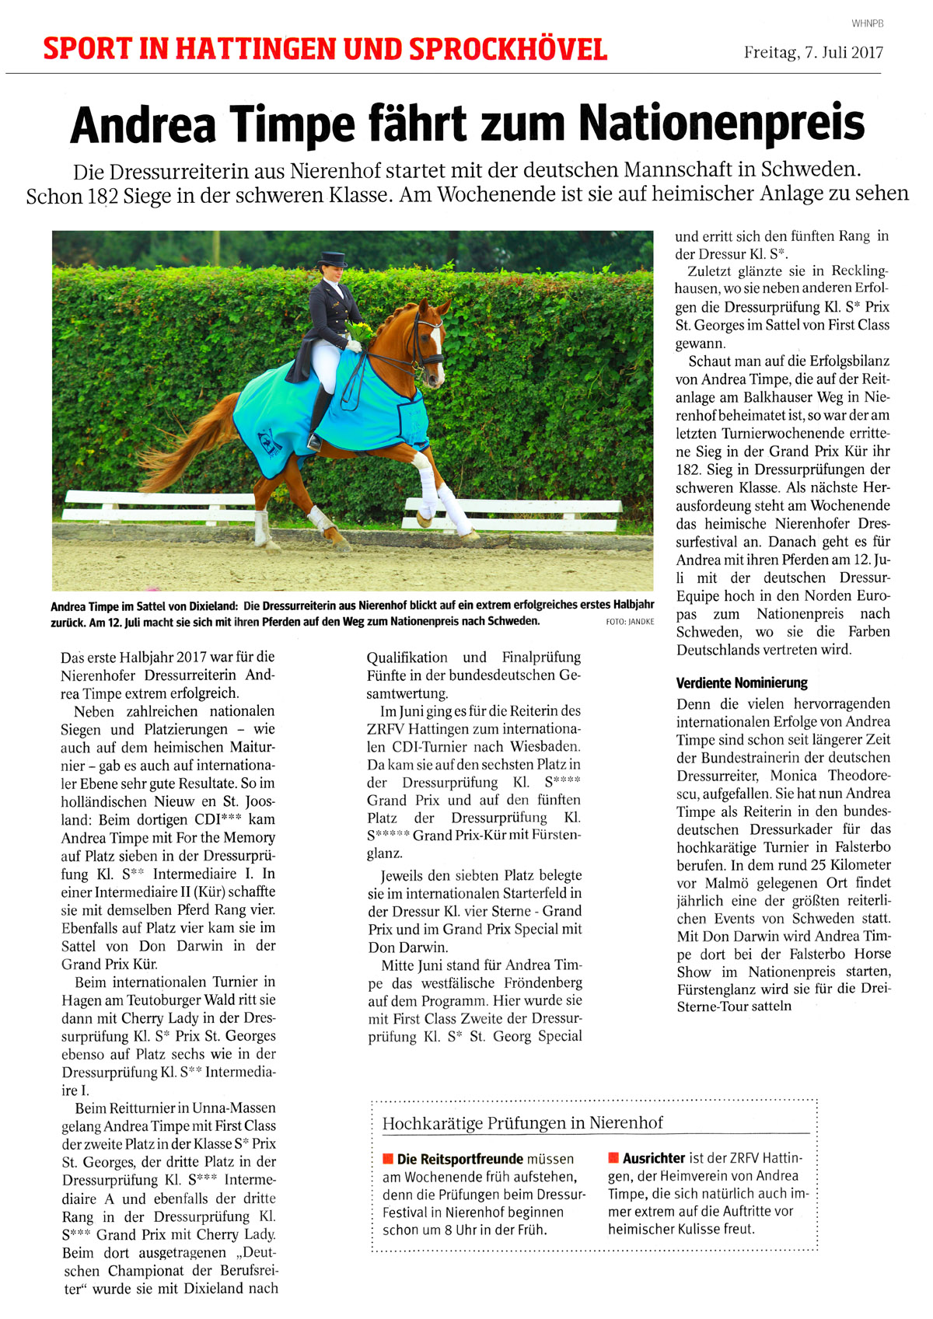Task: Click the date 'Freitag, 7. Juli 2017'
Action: point(813,53)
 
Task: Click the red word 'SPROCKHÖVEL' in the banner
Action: point(508,50)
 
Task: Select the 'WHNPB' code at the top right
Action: point(868,23)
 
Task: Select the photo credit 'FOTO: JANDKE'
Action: point(629,622)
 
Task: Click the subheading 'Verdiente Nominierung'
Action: point(742,683)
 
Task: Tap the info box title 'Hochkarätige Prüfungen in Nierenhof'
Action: point(522,1123)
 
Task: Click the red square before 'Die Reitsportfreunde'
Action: point(388,1159)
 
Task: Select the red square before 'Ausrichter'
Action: point(613,1158)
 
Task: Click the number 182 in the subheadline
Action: point(103,195)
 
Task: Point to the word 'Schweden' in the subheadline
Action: point(809,169)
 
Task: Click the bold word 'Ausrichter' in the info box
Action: point(654,1158)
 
